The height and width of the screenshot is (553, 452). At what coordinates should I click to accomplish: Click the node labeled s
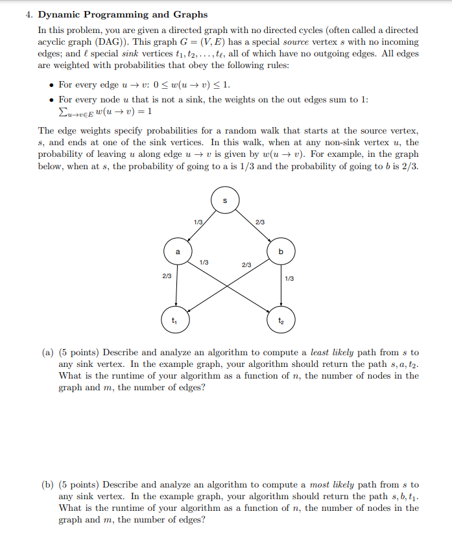[x=225, y=200]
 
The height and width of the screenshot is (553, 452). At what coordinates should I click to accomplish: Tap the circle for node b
[x=280, y=250]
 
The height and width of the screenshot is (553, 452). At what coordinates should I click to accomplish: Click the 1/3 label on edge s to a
[x=197, y=223]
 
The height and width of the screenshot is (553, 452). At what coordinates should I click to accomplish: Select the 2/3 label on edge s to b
[x=261, y=223]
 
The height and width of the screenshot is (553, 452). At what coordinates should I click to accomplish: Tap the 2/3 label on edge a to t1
[x=167, y=276]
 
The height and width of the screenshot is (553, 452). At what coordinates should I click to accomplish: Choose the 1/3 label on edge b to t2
[x=289, y=279]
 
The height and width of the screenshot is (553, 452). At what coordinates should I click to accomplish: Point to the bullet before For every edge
[x=51, y=85]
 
